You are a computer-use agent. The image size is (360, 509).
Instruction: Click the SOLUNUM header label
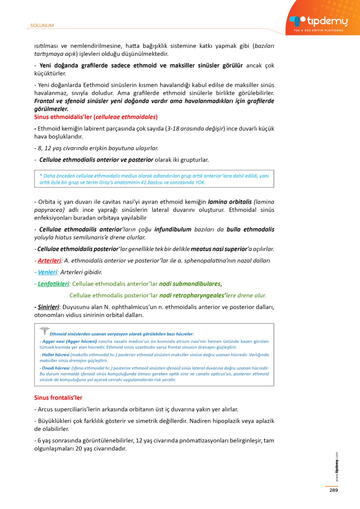pyautogui.click(x=42, y=25)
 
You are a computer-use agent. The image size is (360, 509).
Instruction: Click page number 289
pyautogui.click(x=334, y=490)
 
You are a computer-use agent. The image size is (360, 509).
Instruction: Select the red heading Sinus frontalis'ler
pyautogui.click(x=58, y=398)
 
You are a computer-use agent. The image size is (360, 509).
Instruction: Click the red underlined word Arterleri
pyautogui.click(x=49, y=261)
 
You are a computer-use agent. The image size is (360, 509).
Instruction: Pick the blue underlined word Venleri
pyautogui.click(x=47, y=272)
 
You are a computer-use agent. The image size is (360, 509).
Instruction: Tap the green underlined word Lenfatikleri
pyautogui.click(x=53, y=284)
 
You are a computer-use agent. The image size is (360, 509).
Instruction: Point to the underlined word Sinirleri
pyautogui.click(x=48, y=307)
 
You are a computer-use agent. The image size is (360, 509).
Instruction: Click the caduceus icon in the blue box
pyautogui.click(x=45, y=331)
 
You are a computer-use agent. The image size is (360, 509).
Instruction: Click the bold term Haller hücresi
pyautogui.click(x=56, y=355)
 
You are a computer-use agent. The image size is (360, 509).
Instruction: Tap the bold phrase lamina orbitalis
pyautogui.click(x=230, y=202)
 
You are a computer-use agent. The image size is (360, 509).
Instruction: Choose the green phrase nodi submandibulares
pyautogui.click(x=190, y=284)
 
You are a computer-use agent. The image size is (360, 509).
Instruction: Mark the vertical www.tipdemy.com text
pyautogui.click(x=337, y=467)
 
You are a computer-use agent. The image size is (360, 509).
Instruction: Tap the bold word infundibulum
pyautogui.click(x=173, y=229)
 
